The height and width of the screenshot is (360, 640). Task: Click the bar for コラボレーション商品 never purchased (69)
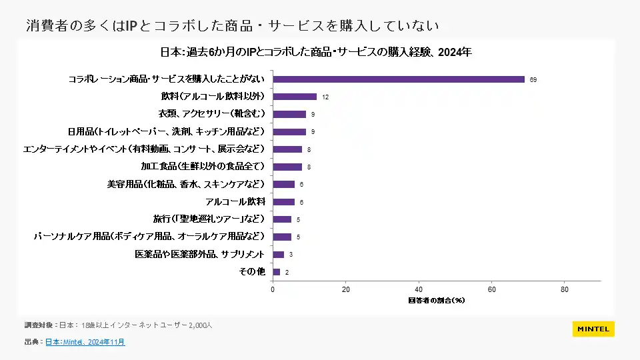(x=399, y=79)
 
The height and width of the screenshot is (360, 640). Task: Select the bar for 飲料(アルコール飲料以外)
(x=295, y=97)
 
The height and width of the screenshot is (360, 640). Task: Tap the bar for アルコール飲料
(x=283, y=202)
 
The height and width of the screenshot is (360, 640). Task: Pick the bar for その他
(x=277, y=272)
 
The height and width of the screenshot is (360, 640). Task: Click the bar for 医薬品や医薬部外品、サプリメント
(x=279, y=255)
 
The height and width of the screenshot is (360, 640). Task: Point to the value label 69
(x=533, y=79)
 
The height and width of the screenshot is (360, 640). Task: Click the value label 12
(x=325, y=97)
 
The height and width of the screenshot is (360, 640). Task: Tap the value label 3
(x=291, y=255)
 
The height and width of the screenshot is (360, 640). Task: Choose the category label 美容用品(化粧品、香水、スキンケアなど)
(x=186, y=184)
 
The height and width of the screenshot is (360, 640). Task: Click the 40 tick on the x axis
(x=419, y=289)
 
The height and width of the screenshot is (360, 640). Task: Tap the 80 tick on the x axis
(x=565, y=289)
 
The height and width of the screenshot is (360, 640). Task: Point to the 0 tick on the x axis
(x=273, y=289)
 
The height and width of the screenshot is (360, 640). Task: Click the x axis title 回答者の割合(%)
(x=437, y=300)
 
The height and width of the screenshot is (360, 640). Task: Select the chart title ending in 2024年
(x=316, y=53)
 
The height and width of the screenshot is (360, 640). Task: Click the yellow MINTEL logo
(x=593, y=329)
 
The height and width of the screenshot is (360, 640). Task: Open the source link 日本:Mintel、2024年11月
(x=85, y=342)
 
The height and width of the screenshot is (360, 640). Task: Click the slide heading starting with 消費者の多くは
(x=233, y=25)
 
